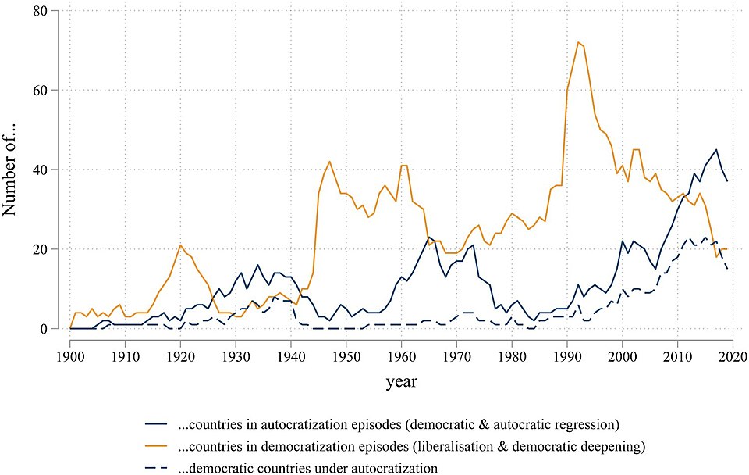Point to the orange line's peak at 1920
(180, 245)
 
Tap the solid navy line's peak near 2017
(715, 150)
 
